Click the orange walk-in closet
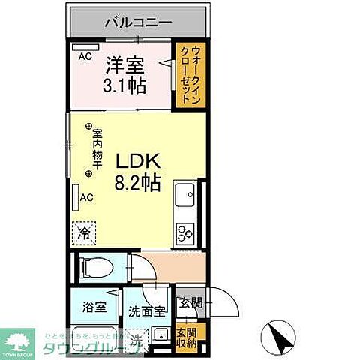[184, 76]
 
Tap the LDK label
[135, 159]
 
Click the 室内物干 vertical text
[97, 150]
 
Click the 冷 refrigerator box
[85, 232]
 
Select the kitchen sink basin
[184, 195]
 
